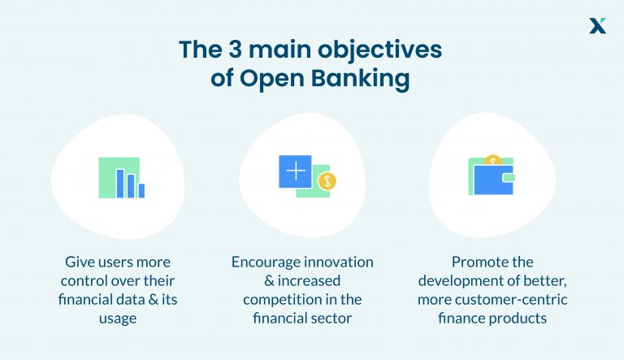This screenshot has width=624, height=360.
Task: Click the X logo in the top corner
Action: click(x=598, y=25)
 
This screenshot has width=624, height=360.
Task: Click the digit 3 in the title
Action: click(x=223, y=50)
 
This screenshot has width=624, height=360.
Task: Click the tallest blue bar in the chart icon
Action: click(x=120, y=183)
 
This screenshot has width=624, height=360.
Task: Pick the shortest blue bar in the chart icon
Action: click(x=141, y=191)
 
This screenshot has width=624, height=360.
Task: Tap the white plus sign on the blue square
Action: click(x=295, y=171)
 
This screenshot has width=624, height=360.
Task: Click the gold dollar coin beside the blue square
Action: click(x=326, y=181)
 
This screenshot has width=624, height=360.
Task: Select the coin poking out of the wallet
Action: click(x=492, y=160)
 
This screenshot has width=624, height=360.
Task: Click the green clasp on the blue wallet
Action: click(x=509, y=176)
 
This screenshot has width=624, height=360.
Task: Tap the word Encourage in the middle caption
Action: click(x=270, y=262)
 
